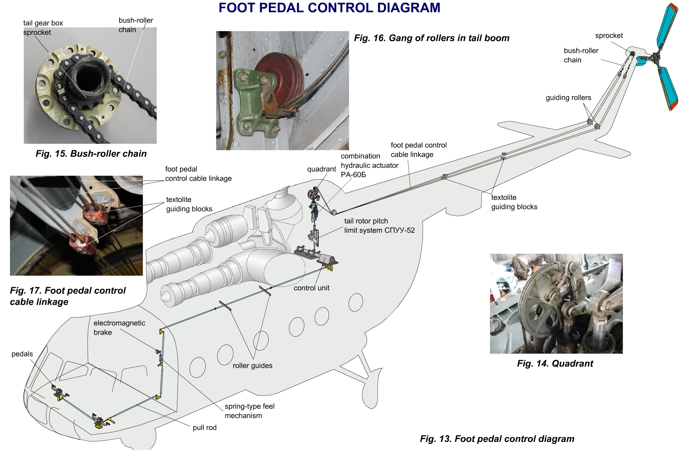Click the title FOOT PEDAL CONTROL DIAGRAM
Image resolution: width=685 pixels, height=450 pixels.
click(329, 8)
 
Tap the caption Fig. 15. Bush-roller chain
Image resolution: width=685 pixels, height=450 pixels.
click(91, 153)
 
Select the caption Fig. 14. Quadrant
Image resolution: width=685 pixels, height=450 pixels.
click(555, 363)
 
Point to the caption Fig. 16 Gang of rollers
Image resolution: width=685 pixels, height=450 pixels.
click(432, 38)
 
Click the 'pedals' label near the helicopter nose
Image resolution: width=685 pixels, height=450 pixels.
click(22, 354)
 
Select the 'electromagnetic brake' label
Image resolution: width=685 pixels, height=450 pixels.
click(119, 327)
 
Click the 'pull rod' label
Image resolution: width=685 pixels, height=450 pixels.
click(205, 428)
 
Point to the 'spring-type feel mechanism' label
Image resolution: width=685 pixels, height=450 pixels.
click(249, 411)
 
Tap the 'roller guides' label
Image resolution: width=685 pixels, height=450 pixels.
click(253, 365)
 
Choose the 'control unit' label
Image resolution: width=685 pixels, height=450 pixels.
click(311, 288)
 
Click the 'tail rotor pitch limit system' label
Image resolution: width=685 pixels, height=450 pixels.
click(379, 225)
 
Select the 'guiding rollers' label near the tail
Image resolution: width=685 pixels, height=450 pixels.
click(568, 98)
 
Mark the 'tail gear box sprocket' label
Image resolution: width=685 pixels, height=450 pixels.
click(43, 27)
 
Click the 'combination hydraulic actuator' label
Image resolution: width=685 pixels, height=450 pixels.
click(369, 165)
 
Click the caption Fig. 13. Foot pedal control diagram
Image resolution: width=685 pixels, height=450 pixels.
click(497, 439)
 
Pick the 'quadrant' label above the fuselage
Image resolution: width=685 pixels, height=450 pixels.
click(321, 169)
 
